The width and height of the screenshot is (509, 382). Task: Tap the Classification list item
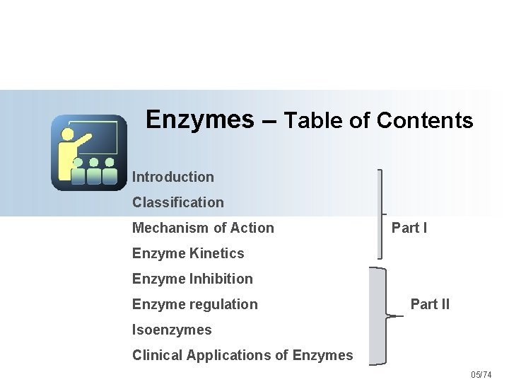pyautogui.click(x=178, y=202)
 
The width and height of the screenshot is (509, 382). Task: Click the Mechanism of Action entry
pyautogui.click(x=203, y=228)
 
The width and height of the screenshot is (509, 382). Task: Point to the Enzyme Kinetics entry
pyautogui.click(x=188, y=253)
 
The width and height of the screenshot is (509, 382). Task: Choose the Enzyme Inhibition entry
pyautogui.click(x=192, y=279)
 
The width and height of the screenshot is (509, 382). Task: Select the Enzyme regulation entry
pyautogui.click(x=195, y=304)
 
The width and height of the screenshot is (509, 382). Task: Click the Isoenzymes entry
pyautogui.click(x=172, y=330)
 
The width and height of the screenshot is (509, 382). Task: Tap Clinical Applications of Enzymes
pyautogui.click(x=242, y=355)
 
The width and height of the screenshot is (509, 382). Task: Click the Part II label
pyautogui.click(x=430, y=305)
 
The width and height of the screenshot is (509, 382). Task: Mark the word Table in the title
pyautogui.click(x=315, y=121)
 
